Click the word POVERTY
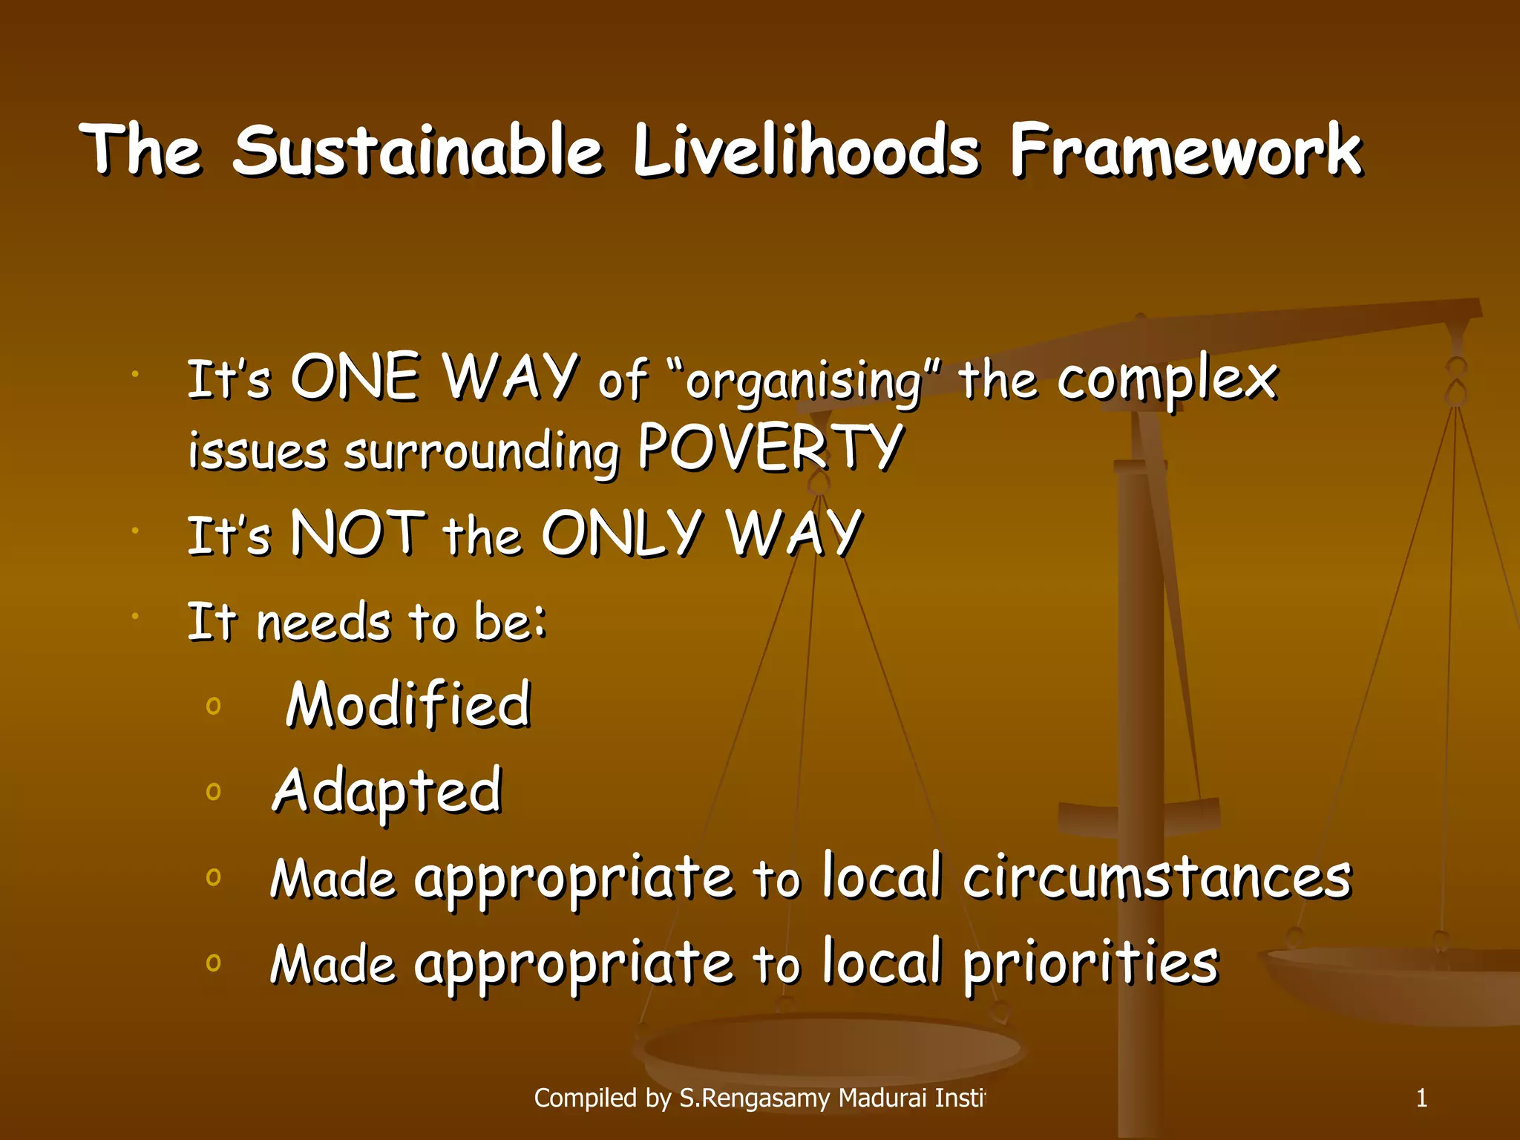pyautogui.click(x=770, y=448)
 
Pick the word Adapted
pyautogui.click(x=387, y=791)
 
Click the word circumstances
pyautogui.click(x=1157, y=878)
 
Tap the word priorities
pyautogui.click(x=1090, y=963)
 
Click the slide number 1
pyautogui.click(x=1421, y=1098)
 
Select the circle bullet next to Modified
pyautogui.click(x=214, y=705)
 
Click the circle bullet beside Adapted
pyautogui.click(x=214, y=792)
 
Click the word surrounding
pyautogui.click(x=482, y=452)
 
